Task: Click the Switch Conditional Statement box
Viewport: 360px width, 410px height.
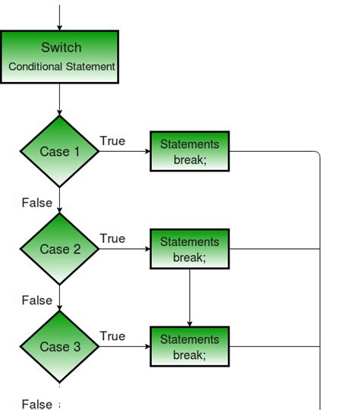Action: tap(59, 57)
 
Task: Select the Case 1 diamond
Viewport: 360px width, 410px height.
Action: tap(59, 151)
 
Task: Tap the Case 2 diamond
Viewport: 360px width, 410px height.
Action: tap(59, 249)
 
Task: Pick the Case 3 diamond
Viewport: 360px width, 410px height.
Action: tap(59, 347)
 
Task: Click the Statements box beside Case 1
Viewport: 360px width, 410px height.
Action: tap(189, 151)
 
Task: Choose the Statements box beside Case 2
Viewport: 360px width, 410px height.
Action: tap(189, 249)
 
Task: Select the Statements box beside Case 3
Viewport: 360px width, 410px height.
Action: tap(189, 347)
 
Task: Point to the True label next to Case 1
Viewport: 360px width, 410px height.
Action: tap(112, 141)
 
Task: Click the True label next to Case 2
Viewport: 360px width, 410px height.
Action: tap(112, 238)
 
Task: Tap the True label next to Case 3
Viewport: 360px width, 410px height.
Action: tap(112, 336)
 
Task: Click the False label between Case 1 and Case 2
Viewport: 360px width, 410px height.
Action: tap(36, 203)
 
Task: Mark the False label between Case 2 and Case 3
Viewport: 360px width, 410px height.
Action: tap(36, 300)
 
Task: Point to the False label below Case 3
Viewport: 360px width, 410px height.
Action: tap(36, 404)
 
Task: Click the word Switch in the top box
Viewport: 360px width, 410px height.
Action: tap(61, 48)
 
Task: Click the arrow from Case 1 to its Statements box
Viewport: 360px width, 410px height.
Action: tap(125, 151)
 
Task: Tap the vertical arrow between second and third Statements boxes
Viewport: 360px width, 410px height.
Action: tap(189, 298)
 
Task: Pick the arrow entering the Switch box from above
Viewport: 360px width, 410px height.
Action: tap(59, 15)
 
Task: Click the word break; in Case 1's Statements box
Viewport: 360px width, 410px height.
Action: tap(189, 159)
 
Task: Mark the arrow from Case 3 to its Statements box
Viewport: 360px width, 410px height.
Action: tap(125, 347)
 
